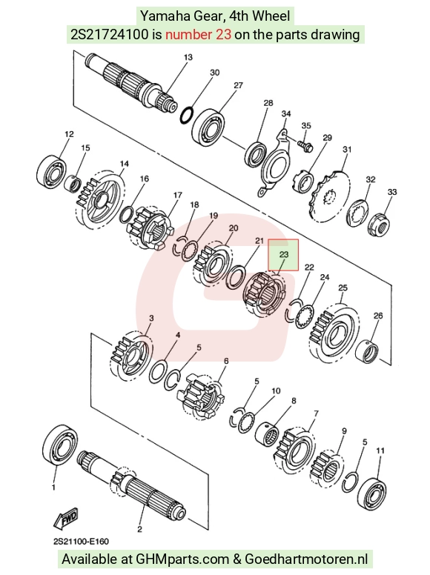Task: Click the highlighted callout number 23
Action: tap(284, 254)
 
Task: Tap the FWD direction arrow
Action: tap(67, 517)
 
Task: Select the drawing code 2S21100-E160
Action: tap(81, 542)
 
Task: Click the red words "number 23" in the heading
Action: tap(198, 35)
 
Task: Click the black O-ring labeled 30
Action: tap(186, 115)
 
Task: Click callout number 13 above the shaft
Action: tap(188, 57)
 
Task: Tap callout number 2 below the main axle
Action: tap(139, 529)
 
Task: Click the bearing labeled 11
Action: tap(371, 493)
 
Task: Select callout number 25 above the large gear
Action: tap(343, 287)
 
